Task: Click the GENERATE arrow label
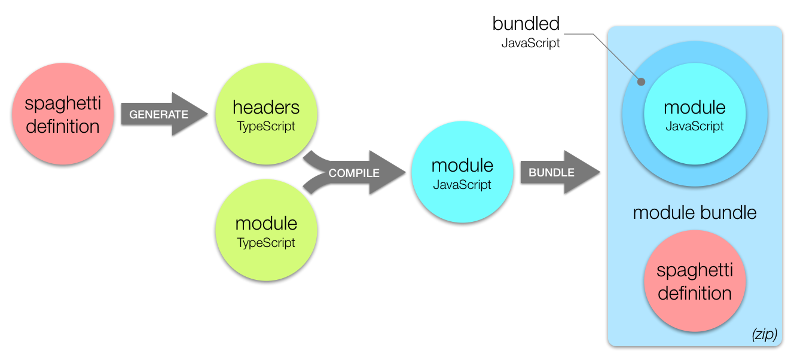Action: [x=158, y=114]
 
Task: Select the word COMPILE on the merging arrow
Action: [x=354, y=173]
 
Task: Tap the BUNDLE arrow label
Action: [x=551, y=172]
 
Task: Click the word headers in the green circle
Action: [x=266, y=108]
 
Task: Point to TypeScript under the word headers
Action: [x=266, y=127]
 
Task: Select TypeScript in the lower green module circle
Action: [x=266, y=243]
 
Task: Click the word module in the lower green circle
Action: [x=266, y=224]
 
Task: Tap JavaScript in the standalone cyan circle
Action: [x=462, y=185]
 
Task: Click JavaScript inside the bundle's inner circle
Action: [x=695, y=126]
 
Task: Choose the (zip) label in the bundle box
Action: [x=764, y=335]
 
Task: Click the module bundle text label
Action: [x=695, y=212]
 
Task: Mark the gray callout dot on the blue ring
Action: [x=641, y=82]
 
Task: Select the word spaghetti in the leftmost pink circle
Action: [x=63, y=103]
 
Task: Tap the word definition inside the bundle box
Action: [x=695, y=293]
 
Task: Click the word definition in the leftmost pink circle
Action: [x=63, y=126]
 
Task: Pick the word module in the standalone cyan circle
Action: [x=462, y=166]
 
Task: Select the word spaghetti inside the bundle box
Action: [x=695, y=270]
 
